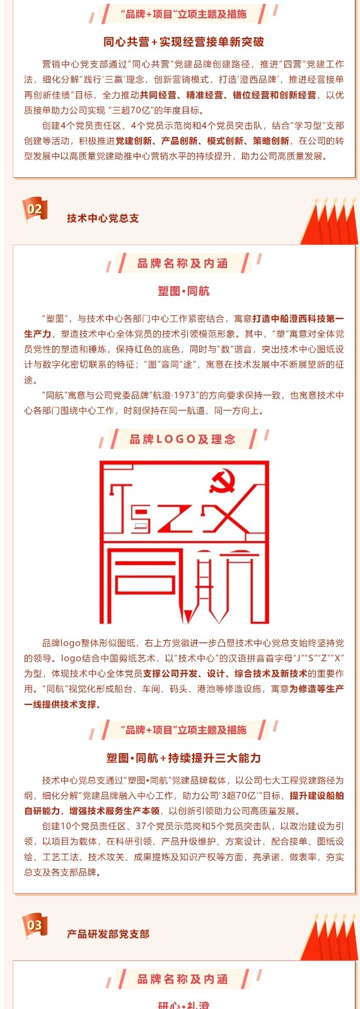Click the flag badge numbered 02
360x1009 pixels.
click(34, 209)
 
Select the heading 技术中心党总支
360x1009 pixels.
click(103, 218)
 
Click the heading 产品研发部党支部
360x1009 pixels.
click(108, 934)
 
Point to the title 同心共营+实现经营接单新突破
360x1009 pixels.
click(183, 42)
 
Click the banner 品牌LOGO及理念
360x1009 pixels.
click(182, 439)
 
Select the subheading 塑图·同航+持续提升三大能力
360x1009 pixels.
click(183, 758)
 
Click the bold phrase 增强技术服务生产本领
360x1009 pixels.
click(115, 811)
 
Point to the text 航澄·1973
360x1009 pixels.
click(178, 395)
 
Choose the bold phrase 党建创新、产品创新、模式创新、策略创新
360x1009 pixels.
click(202, 141)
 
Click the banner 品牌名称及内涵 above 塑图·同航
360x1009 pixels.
click(182, 264)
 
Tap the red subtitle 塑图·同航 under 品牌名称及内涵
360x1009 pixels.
click(183, 291)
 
